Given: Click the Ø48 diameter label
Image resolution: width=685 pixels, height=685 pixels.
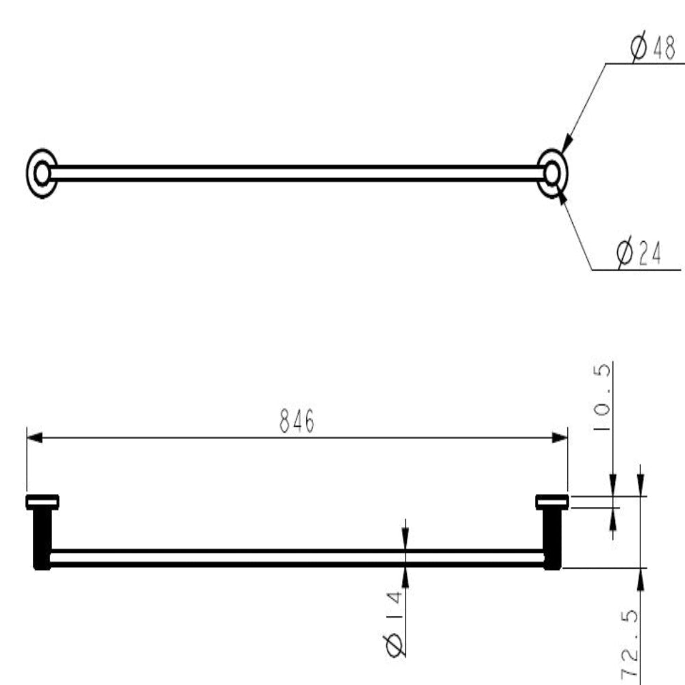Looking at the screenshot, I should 652,49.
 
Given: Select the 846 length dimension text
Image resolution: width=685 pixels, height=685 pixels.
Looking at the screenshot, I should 297,421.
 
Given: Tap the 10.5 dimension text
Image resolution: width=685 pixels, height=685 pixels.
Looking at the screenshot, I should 601,397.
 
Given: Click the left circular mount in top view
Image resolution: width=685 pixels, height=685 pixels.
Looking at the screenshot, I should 42,173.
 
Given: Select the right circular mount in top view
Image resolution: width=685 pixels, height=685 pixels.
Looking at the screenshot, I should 552,173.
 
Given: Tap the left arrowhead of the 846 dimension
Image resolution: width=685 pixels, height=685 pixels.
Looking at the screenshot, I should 34,437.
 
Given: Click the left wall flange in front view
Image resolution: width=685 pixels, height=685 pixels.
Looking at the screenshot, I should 42,502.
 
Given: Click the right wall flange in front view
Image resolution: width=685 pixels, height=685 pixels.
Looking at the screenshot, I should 552,502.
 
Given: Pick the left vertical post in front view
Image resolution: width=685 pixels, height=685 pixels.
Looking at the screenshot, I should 42,538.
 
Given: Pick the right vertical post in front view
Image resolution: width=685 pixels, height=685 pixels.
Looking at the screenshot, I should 552,538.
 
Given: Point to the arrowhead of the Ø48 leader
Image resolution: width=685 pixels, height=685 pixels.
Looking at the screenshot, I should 564,145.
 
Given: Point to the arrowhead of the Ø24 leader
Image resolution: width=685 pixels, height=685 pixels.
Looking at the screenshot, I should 562,196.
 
